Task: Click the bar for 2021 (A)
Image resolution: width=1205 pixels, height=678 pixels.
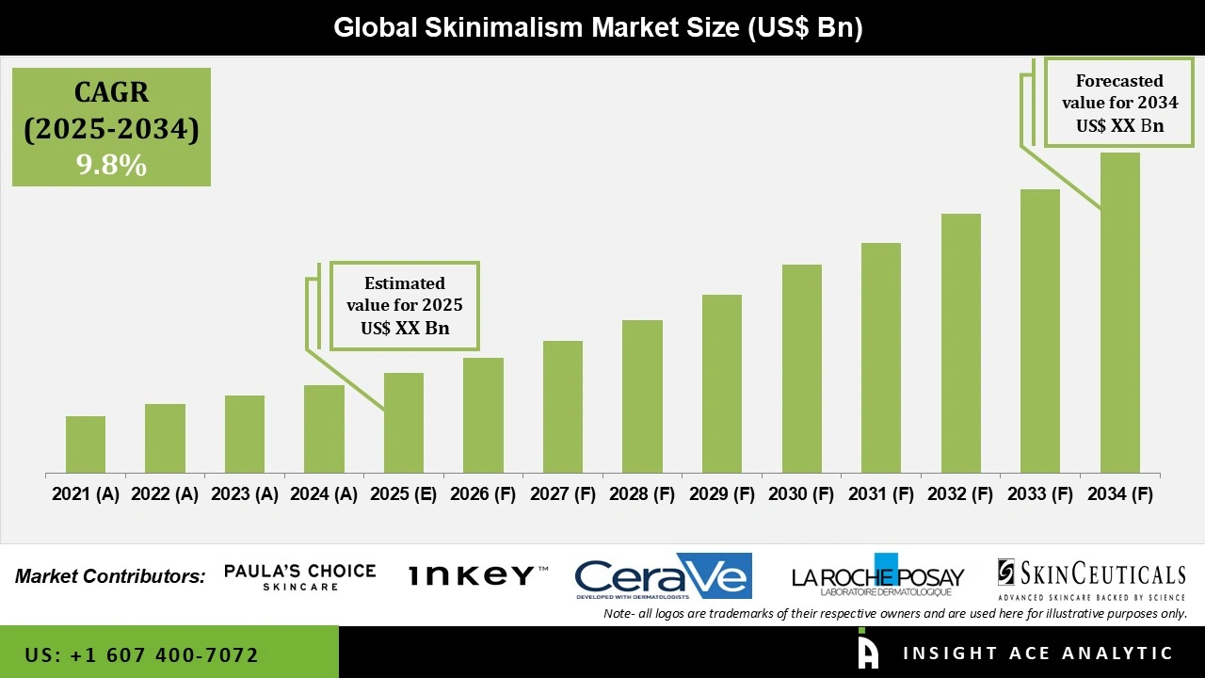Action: (86, 444)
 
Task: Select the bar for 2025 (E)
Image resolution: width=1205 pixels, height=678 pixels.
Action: (404, 423)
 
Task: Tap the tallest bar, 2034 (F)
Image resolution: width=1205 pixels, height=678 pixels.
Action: (1119, 312)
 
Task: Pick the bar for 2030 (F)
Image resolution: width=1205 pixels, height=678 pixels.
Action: (802, 368)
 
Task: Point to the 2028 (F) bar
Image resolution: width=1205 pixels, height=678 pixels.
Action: (642, 395)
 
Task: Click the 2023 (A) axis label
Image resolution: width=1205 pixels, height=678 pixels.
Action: (245, 494)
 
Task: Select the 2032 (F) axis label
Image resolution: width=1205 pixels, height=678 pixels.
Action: (960, 494)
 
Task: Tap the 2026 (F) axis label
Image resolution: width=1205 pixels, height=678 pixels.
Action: (483, 494)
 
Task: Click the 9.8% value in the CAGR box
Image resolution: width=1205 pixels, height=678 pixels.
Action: (111, 166)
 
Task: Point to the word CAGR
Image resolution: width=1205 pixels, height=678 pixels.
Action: (111, 93)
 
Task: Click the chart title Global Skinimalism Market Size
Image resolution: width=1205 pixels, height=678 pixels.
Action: (598, 28)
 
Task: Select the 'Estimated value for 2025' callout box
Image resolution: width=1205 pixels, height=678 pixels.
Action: (404, 306)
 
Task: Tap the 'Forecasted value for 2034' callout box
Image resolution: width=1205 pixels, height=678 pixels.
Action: (1112, 104)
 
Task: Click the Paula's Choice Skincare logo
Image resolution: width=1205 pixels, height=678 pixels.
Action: (299, 577)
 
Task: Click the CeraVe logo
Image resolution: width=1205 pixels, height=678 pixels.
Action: (663, 576)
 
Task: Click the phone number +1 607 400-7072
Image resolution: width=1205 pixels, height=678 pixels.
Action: (142, 654)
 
